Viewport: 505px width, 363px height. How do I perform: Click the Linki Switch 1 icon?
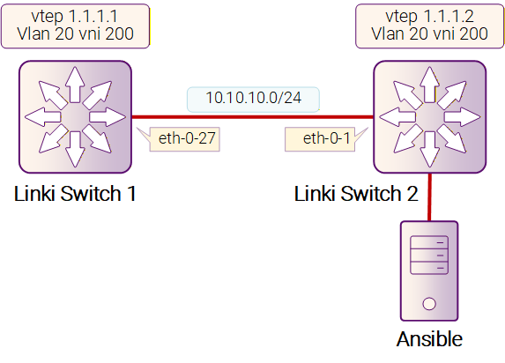coord(75,117)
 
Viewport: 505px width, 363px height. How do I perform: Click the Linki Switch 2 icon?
coord(429,117)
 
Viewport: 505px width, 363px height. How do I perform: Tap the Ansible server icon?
coord(429,270)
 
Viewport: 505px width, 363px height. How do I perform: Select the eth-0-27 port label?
coord(187,138)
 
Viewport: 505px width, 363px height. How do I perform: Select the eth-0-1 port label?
coord(326,138)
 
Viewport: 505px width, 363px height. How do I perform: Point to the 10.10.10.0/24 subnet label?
coord(254,98)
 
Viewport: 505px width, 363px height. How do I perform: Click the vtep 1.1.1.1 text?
coord(74,16)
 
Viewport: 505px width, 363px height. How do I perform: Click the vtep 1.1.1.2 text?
coord(429,16)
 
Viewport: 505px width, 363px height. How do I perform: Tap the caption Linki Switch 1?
coord(75,194)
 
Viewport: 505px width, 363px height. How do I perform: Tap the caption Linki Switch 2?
coord(356,194)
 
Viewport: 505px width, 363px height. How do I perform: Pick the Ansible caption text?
coord(429,339)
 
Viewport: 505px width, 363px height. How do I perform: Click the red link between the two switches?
coord(252,117)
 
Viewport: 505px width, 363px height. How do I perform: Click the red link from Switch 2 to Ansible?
coord(429,197)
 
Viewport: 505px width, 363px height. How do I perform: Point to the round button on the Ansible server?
coord(429,304)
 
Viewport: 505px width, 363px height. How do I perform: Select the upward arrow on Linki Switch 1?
coord(75,85)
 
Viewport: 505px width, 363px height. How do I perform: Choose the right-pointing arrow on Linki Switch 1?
coord(108,117)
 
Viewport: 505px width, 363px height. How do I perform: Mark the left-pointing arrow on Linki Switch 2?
coord(397,117)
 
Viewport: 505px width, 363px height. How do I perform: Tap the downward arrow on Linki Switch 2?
coord(429,149)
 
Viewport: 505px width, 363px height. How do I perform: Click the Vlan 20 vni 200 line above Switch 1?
coord(75,33)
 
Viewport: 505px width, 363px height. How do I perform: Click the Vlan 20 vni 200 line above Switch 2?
coord(429,33)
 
